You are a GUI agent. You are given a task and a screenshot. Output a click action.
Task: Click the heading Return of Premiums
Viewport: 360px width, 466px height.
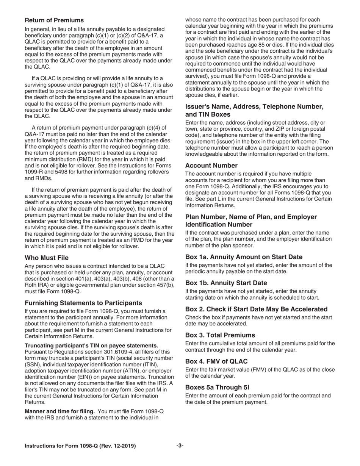(54, 20)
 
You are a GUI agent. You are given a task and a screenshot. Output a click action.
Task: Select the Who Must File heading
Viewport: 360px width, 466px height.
(47, 258)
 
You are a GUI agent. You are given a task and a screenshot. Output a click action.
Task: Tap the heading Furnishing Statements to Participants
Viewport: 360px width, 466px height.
(83, 303)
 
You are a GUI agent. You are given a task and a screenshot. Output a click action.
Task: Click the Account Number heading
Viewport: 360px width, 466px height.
(211, 166)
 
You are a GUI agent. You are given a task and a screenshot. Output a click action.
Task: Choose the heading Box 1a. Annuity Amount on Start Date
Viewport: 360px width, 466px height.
(244, 257)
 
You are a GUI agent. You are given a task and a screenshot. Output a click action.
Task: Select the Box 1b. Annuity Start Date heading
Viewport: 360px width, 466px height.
(226, 283)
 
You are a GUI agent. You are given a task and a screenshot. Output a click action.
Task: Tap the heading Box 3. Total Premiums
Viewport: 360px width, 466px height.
(220, 335)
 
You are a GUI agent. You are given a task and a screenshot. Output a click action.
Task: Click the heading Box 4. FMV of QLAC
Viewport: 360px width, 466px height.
(216, 361)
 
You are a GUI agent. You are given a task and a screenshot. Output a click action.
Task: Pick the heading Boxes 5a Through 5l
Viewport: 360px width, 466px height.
(217, 387)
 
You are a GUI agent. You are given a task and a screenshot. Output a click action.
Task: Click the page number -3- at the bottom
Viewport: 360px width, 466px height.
(180, 446)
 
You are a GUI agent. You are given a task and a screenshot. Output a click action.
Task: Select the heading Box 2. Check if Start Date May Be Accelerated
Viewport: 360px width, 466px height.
(256, 309)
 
